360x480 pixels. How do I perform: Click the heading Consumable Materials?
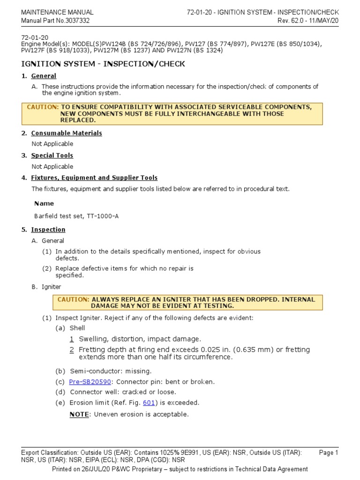67,133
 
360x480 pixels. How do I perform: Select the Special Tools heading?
52,155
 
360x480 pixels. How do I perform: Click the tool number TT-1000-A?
109,216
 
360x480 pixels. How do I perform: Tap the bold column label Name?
44,203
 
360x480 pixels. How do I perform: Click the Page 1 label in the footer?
328,452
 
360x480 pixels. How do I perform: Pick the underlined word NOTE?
79,414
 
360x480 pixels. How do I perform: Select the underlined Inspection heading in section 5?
48,230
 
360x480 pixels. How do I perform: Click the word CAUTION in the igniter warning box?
73,300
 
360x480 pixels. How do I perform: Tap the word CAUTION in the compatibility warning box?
43,107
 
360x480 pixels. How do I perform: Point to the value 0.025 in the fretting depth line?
210,350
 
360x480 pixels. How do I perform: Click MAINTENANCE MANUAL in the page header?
57,12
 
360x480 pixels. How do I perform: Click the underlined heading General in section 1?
44,76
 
